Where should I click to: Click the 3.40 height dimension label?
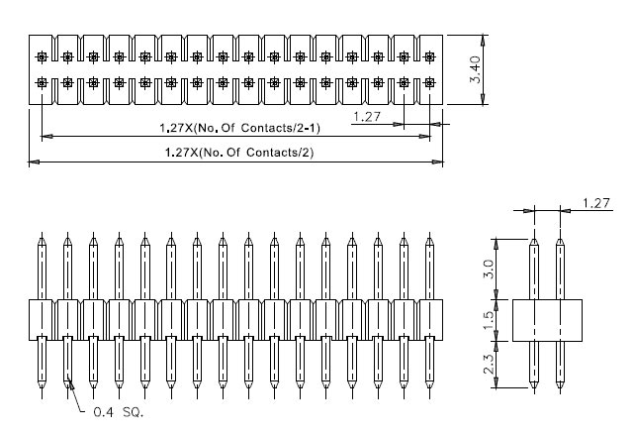[477, 69]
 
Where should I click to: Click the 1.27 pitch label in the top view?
[367, 117]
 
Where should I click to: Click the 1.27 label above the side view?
[595, 203]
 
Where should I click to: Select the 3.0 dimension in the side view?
[486, 269]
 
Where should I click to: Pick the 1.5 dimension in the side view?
[486, 319]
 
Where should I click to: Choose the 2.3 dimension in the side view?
[486, 364]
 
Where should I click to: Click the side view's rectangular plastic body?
[547, 319]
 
